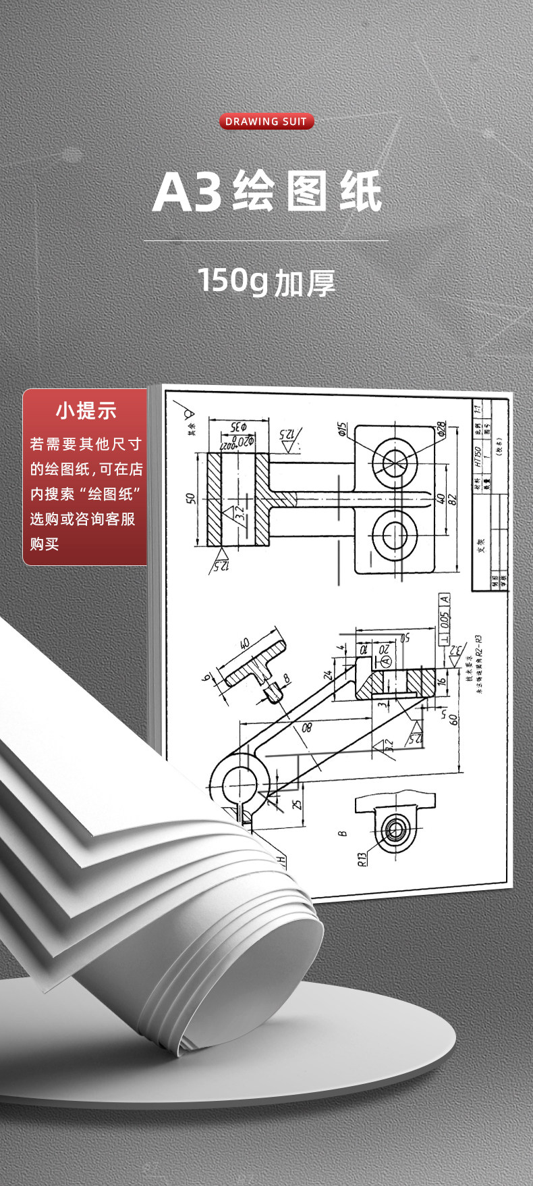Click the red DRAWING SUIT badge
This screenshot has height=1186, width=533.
coord(266,122)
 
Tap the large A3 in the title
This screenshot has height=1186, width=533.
coord(187,192)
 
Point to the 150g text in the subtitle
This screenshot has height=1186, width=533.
coord(233,280)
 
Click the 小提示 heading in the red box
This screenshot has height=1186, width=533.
coord(86,410)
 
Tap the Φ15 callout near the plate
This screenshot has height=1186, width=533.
coord(341,429)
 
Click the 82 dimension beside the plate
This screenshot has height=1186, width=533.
coord(452,498)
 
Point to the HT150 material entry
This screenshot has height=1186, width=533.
coord(477,456)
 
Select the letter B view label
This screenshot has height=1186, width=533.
coord(343,833)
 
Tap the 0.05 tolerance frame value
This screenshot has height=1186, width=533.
coord(444,619)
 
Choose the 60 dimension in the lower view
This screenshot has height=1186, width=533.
coord(453,720)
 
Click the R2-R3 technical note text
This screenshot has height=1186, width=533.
coord(478,647)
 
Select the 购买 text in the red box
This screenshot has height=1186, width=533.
coord(45,544)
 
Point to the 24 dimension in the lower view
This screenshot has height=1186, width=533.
coord(329,674)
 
